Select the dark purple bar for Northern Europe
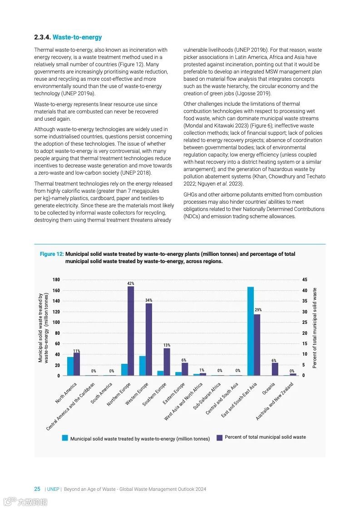click(x=131, y=331)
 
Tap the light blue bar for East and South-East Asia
click(x=250, y=331)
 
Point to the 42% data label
click(x=131, y=284)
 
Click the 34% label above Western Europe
click(x=148, y=300)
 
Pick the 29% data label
click(x=257, y=310)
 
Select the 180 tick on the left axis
click(x=56, y=280)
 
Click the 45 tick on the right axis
click(x=304, y=280)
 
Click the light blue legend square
click(x=65, y=438)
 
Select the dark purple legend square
click(x=220, y=437)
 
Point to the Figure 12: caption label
click(x=52, y=254)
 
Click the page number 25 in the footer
click(x=37, y=489)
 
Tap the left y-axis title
click(x=43, y=328)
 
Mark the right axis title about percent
click(x=315, y=328)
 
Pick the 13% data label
click(x=167, y=345)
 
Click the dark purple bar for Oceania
click(x=275, y=369)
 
